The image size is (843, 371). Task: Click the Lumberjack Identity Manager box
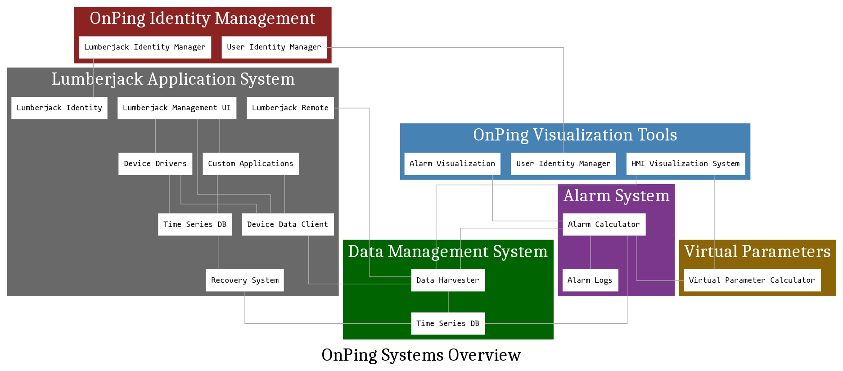[x=145, y=47]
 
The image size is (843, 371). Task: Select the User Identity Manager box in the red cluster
[x=274, y=47]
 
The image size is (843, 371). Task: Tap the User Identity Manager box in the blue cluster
[x=563, y=164]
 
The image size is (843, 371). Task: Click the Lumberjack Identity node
[x=59, y=108]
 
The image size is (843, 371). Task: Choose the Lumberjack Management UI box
[x=177, y=108]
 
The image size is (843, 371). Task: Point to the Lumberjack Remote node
[x=290, y=108]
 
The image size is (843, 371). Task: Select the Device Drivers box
[x=155, y=164]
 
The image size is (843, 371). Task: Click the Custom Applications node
[x=251, y=164]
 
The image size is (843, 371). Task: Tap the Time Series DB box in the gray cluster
[x=195, y=224]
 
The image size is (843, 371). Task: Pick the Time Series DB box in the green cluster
[x=448, y=323]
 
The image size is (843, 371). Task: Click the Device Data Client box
[x=288, y=224]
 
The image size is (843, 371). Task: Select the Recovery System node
[x=245, y=280]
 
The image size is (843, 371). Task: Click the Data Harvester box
[x=448, y=280]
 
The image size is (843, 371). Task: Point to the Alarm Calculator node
[x=604, y=224]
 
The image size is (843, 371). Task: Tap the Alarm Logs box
[x=590, y=280]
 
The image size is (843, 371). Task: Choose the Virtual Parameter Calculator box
[x=752, y=280]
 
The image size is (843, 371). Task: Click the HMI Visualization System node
[x=685, y=164]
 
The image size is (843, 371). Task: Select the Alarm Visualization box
[x=452, y=164]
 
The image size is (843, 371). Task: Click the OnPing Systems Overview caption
[x=421, y=355]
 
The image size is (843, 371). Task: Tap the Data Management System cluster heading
[x=448, y=252]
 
